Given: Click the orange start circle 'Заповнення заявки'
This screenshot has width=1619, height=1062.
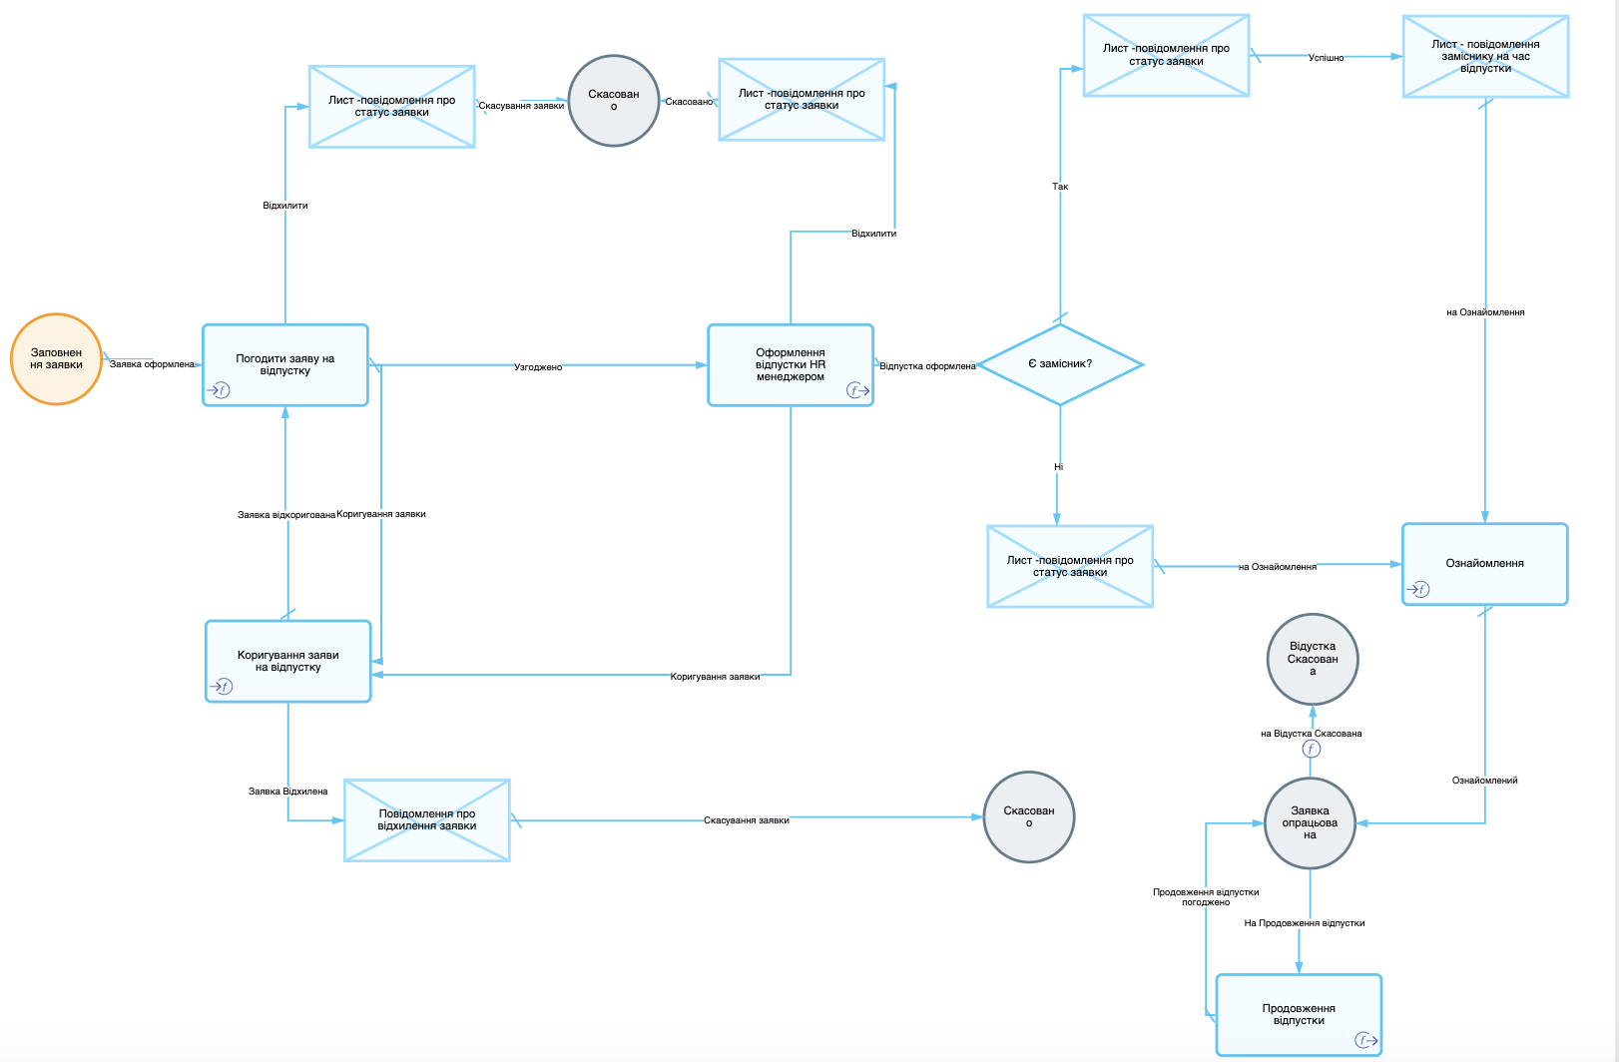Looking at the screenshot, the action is point(56,359).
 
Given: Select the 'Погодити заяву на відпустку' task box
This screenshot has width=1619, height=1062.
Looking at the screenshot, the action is point(285,365).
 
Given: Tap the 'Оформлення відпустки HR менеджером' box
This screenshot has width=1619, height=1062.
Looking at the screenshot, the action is point(791,365).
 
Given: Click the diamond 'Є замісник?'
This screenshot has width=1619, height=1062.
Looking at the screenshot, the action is point(1060,364).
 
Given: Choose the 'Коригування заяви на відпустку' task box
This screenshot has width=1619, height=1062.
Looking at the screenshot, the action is point(288,661).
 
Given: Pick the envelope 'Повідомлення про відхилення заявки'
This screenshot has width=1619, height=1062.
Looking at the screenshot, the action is point(427,819).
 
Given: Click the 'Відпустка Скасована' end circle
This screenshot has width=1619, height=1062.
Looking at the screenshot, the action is point(1313,660).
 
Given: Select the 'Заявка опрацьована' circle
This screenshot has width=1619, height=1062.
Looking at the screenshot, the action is point(1310,822).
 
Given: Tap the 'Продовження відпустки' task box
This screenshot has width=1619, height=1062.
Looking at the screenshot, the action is point(1299,1015).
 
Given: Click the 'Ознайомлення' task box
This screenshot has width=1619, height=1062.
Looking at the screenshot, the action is point(1485,564).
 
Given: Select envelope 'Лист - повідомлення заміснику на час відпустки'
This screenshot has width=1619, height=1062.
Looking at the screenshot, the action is point(1486,56).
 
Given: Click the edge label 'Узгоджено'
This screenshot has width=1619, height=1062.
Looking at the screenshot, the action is point(538,367).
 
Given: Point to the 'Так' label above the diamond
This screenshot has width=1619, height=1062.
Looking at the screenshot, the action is point(1060,187).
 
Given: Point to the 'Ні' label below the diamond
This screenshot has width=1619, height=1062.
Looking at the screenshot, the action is point(1059,467).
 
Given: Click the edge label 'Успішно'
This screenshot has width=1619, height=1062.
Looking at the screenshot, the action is point(1327,58).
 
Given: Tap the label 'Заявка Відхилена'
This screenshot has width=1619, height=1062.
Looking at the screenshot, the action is point(288,792).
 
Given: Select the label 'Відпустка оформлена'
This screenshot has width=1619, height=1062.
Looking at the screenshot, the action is point(928,366).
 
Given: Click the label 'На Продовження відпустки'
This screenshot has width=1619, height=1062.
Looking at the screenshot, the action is point(1305,923).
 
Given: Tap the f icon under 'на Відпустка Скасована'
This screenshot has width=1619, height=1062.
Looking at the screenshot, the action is point(1312,749).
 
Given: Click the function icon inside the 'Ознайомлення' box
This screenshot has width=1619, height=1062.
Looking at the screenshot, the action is point(1418,589).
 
